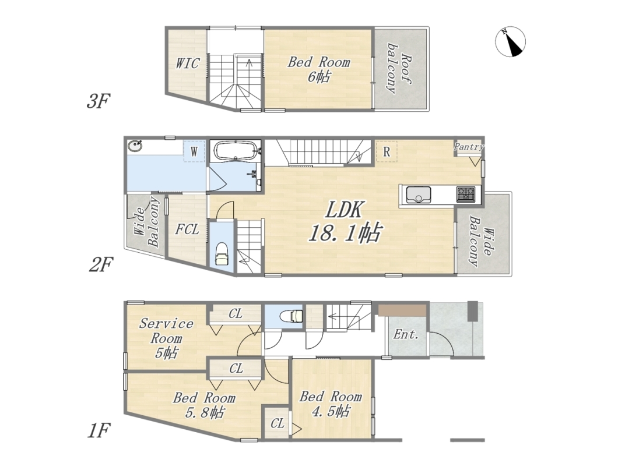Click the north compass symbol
[x=510, y=42]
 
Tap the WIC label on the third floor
[x=188, y=63]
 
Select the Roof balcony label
[x=399, y=68]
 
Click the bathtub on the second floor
[x=235, y=151]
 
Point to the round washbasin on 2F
[x=135, y=146]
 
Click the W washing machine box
[x=194, y=151]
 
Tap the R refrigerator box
[x=387, y=151]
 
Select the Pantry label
[x=469, y=147]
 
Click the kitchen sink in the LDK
[x=418, y=195]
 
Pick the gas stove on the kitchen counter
[x=466, y=195]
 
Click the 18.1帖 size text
[x=345, y=232]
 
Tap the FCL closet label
[x=187, y=229]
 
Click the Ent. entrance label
[x=406, y=335]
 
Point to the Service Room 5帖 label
[x=166, y=338]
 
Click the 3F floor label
[x=98, y=101]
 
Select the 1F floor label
[x=99, y=430]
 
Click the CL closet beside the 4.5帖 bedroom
[x=277, y=423]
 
